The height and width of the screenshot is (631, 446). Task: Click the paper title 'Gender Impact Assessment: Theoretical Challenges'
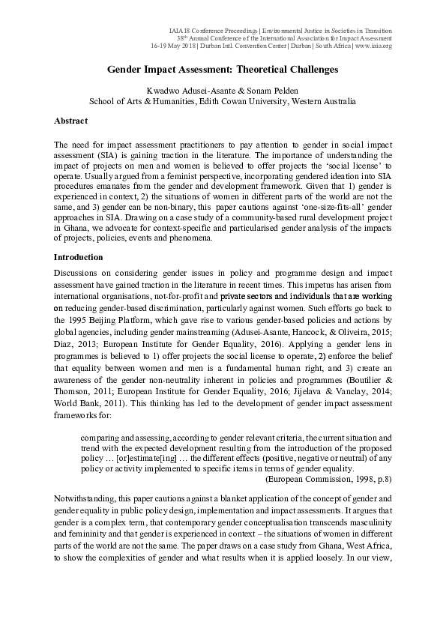(223, 69)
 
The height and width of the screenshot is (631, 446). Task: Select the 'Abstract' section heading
(70, 121)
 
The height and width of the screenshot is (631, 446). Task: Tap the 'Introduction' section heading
(77, 256)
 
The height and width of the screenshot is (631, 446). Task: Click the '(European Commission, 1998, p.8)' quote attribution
(328, 477)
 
